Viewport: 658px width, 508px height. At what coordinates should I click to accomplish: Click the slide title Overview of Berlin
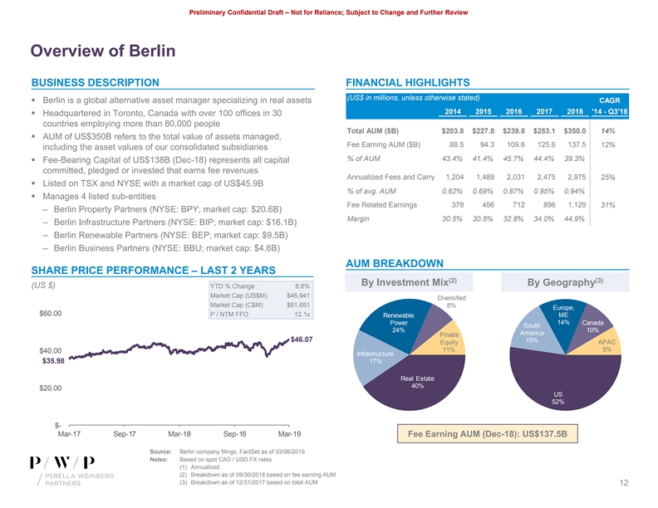point(103,51)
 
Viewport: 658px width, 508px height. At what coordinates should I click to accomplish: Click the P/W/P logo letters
point(61,462)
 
